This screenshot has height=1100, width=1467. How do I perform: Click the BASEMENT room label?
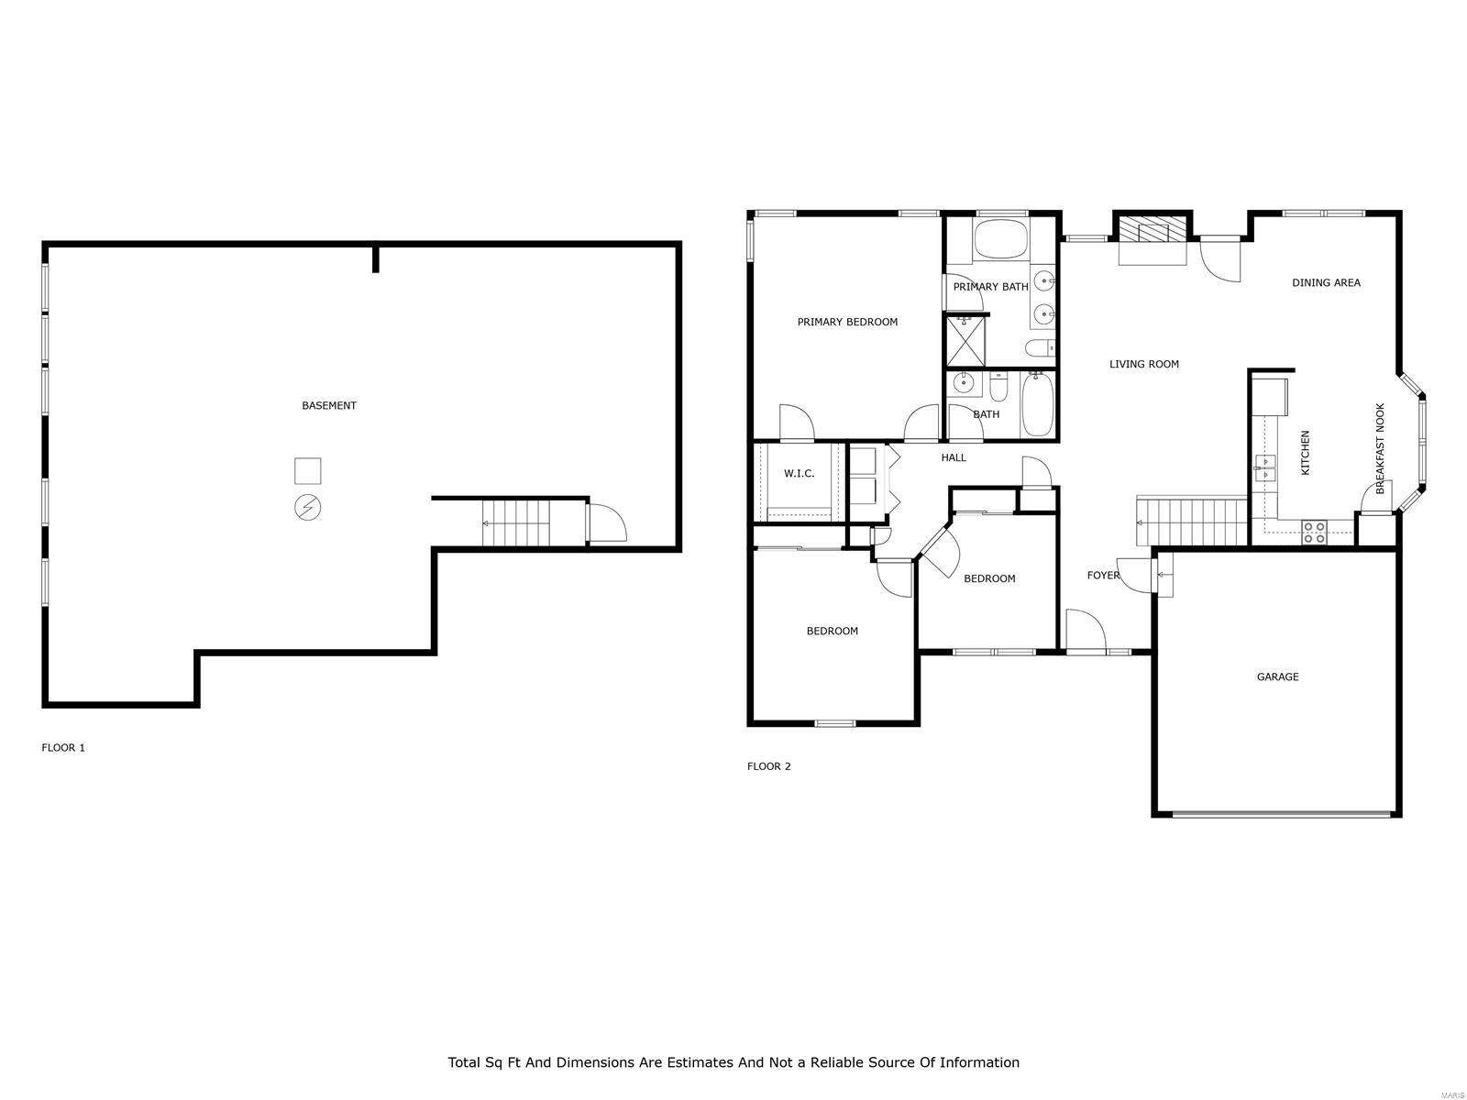(x=329, y=405)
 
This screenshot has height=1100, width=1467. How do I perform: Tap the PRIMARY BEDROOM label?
(x=847, y=322)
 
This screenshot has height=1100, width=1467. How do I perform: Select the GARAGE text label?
(x=1277, y=676)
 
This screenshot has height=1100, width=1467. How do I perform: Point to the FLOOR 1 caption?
(x=63, y=747)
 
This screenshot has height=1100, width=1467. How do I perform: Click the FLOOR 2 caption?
(x=768, y=766)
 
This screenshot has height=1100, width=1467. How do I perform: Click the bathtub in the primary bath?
(x=1001, y=238)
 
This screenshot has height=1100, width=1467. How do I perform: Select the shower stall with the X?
(x=965, y=342)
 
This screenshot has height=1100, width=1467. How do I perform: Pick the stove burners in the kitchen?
(x=1314, y=532)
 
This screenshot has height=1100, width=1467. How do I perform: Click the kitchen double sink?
(x=1265, y=467)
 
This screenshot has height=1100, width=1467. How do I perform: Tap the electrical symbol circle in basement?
(x=307, y=507)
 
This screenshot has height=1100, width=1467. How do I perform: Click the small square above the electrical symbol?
(x=307, y=470)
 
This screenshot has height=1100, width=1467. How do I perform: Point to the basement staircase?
(x=519, y=522)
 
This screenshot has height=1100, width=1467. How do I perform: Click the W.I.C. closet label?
(x=799, y=473)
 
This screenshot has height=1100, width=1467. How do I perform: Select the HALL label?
(x=954, y=457)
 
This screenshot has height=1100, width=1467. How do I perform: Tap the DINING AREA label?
(x=1326, y=282)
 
